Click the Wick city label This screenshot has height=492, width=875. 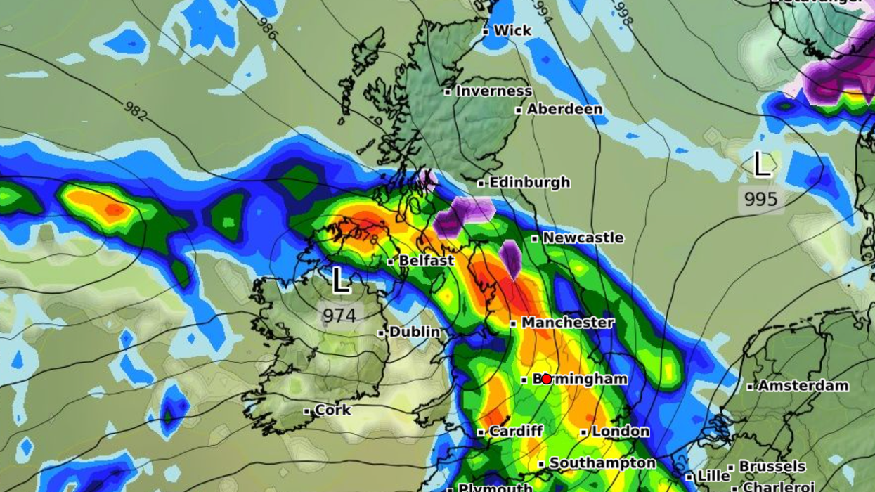click(512, 30)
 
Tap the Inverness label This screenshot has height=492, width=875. click(493, 91)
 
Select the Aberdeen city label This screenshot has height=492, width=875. click(564, 109)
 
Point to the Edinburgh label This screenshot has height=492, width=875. click(529, 182)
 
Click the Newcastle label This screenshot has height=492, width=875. click(583, 238)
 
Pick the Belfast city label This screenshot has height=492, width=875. click(426, 261)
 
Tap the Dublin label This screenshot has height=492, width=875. click(415, 331)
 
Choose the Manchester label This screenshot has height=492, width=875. click(567, 322)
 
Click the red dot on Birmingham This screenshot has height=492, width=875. click(546, 379)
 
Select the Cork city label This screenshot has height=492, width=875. click(332, 410)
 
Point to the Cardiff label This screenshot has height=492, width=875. click(515, 431)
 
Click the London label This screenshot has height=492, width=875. click(620, 431)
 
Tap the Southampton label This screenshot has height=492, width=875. click(602, 463)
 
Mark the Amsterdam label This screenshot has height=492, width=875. click(803, 385)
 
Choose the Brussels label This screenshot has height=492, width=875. click(772, 466)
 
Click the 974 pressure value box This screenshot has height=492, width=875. click(339, 315)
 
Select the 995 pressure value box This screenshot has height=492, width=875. click(761, 199)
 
